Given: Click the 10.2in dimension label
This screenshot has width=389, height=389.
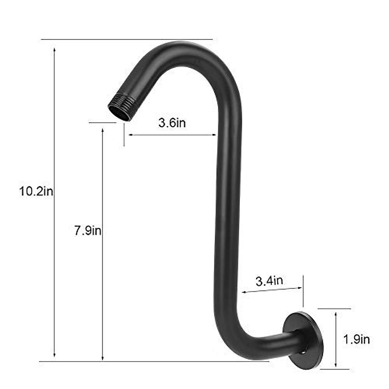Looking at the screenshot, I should pyautogui.click(x=36, y=192).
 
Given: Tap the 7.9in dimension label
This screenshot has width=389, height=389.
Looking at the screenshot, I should pyautogui.click(x=88, y=231).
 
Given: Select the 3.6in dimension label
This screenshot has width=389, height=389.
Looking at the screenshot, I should pyautogui.click(x=172, y=123).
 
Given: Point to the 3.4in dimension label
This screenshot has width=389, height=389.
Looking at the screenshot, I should pyautogui.click(x=269, y=281).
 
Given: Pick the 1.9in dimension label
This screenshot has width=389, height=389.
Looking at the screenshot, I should pyautogui.click(x=356, y=339).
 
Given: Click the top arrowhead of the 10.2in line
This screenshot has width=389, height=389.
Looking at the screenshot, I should pyautogui.click(x=54, y=50).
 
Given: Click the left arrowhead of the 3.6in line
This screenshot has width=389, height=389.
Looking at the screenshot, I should pyautogui.click(x=128, y=135).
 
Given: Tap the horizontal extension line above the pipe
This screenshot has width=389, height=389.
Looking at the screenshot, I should pyautogui.click(x=126, y=40).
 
